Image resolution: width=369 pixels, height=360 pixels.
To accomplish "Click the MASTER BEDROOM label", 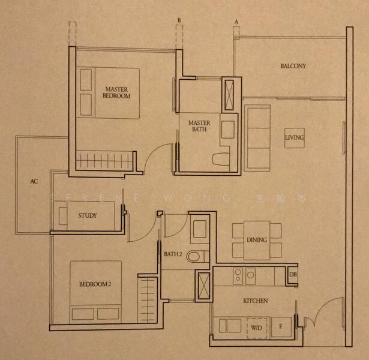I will pos(116,92).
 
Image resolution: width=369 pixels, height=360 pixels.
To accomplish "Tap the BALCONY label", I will pos(293,66).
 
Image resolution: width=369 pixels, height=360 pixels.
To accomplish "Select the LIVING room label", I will pos(295,139).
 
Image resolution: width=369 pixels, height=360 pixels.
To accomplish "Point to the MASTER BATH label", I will pos(199,126).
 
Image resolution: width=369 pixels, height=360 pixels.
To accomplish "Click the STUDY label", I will pos(88,215).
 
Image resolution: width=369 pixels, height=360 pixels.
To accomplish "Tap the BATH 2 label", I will pos(173,254).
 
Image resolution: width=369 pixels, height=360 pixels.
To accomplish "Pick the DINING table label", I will pos(257,240).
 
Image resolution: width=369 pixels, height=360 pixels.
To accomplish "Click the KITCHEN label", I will pos(255,300).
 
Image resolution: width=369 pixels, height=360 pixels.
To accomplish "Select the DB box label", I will pos(293,275).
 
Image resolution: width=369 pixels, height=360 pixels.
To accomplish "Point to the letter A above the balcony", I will pos(236,22).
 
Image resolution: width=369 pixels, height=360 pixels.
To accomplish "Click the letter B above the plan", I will pos(178,20).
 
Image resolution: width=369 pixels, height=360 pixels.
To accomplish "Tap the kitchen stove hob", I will pos(244,275).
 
